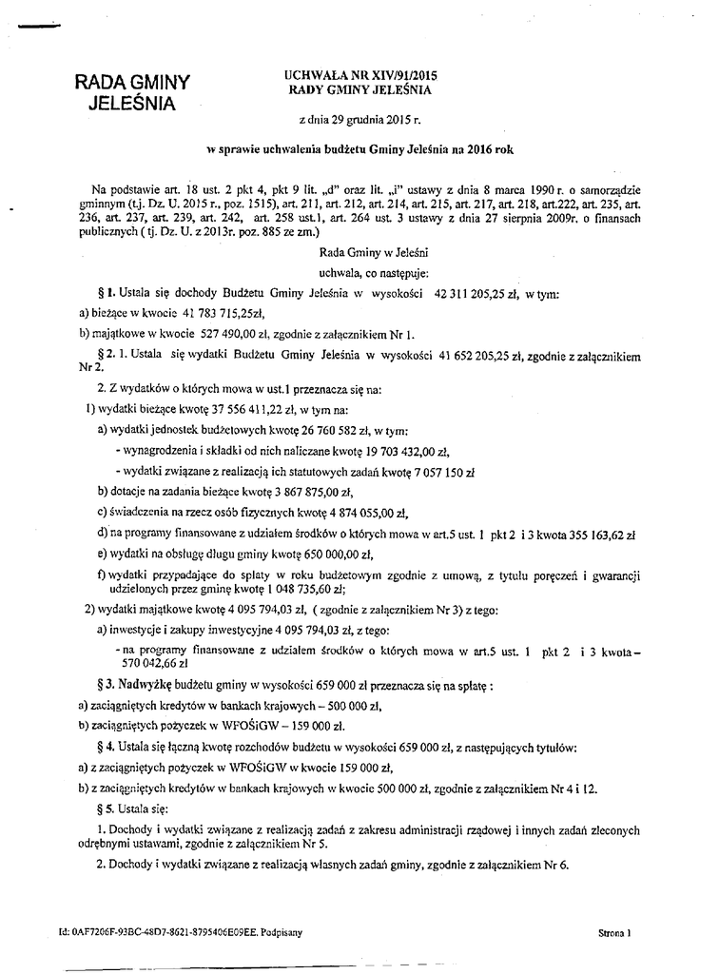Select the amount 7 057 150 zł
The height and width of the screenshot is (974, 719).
tap(426, 471)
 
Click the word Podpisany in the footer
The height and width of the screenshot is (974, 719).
tap(282, 933)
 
